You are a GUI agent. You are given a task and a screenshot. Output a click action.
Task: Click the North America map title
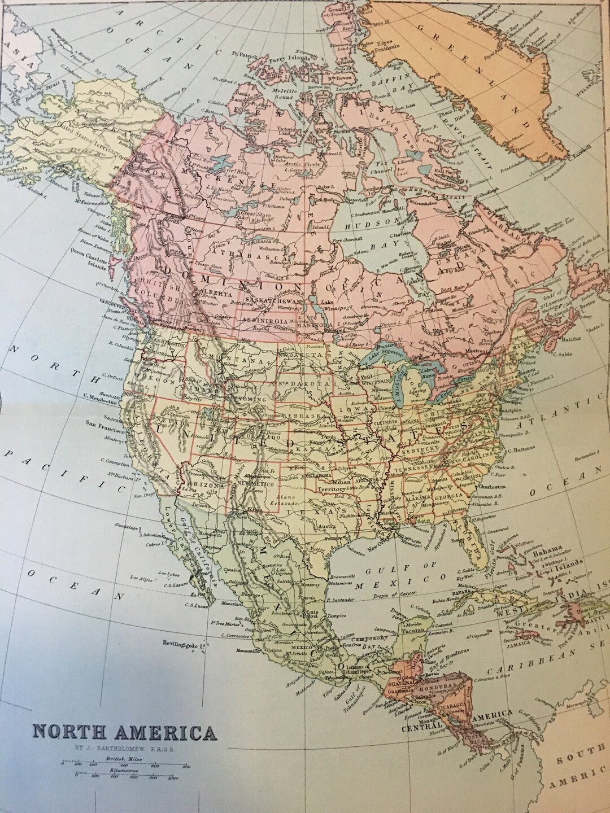124,733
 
